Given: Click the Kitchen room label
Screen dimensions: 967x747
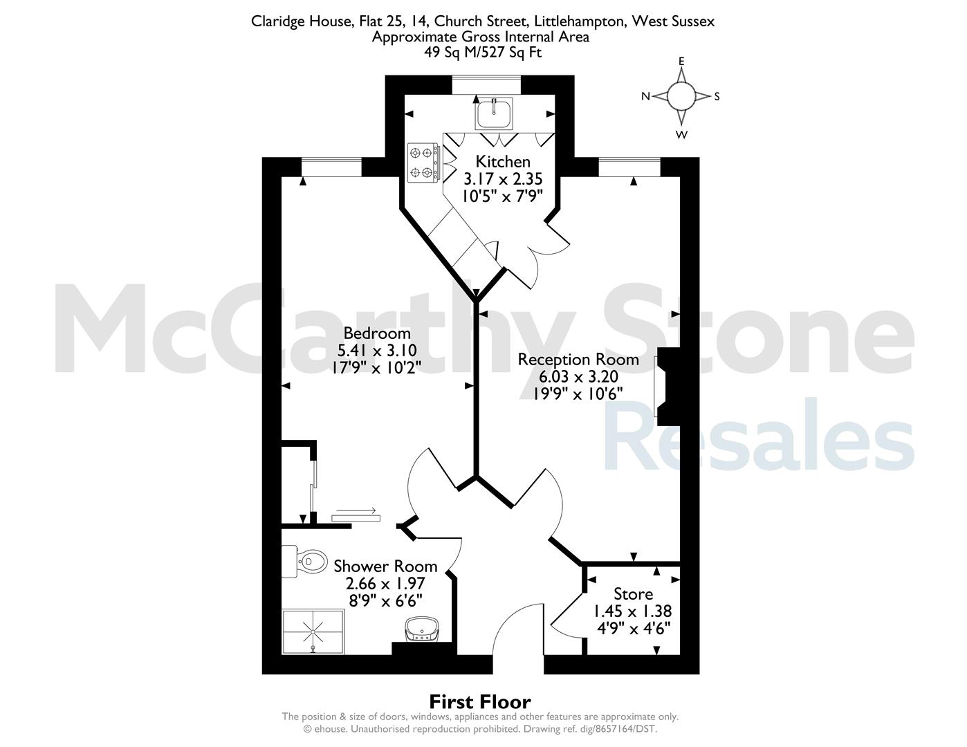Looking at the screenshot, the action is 503,161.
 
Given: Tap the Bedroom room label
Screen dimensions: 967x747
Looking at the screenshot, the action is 377,333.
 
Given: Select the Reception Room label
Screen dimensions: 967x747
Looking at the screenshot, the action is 578,360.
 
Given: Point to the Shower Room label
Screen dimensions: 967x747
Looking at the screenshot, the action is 385,566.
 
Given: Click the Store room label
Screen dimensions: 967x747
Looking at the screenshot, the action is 633,594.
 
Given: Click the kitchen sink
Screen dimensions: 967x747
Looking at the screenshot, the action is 494,113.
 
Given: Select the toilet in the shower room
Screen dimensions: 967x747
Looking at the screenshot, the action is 305,562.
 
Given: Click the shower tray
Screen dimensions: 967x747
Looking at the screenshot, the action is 313,631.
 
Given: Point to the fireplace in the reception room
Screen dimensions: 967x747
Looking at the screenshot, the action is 667,386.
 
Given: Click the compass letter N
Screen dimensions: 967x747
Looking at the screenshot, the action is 646,96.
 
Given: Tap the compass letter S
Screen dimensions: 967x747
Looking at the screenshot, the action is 717,97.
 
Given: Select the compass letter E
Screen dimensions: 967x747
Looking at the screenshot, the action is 681,62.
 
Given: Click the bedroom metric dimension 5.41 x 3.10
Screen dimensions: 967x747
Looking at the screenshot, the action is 377,351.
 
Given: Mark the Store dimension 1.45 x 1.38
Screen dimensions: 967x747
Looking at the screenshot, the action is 633,611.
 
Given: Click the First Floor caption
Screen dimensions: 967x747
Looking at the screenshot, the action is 480,702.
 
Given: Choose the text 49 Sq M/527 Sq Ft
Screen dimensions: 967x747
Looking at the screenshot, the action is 483,53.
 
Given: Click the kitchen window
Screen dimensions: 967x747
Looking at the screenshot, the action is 486,85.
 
